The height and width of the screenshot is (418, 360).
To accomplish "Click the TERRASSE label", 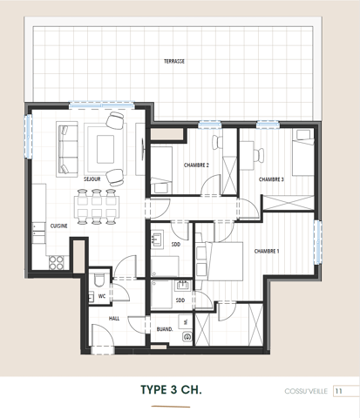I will [x=173, y=62].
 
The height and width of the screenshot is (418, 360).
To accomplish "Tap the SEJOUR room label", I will [x=92, y=179].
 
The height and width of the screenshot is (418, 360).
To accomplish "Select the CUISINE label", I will [x=59, y=225].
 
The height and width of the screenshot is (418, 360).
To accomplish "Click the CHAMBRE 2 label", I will [x=196, y=165].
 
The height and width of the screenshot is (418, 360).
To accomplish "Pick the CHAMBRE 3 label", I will [x=271, y=179].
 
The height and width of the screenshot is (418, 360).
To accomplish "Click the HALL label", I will [x=114, y=319].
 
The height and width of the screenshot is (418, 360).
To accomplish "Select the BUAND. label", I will [x=164, y=329].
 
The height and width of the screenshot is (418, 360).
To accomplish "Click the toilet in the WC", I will [x=100, y=280].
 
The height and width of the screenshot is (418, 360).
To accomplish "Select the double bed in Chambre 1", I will [x=222, y=262].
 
